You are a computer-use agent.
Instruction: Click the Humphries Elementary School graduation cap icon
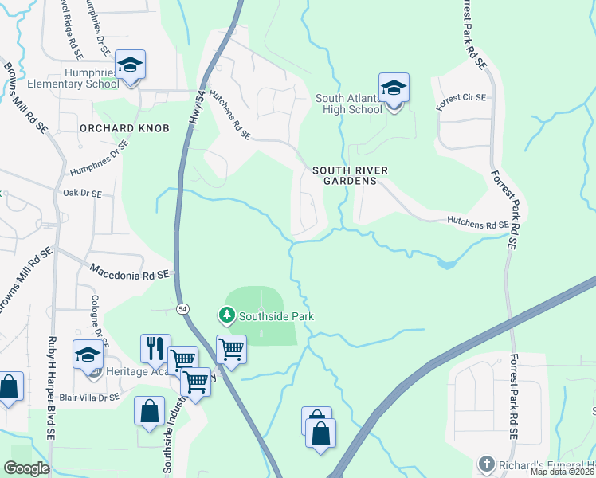[x=129, y=66]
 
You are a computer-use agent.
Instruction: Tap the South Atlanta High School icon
[x=394, y=88]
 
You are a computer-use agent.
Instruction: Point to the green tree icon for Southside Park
[x=227, y=316]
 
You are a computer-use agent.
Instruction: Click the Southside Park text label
[x=276, y=316]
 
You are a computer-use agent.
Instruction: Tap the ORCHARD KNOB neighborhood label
[x=124, y=127]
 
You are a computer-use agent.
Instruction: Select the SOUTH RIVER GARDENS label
[x=344, y=175]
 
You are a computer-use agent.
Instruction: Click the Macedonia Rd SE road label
[x=129, y=272]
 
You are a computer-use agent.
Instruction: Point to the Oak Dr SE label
[x=82, y=194]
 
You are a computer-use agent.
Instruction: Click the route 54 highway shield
[x=183, y=308]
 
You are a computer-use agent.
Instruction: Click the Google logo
[x=26, y=468]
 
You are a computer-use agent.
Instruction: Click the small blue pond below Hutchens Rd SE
[x=446, y=263]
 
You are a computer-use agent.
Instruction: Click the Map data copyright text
[x=563, y=472]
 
